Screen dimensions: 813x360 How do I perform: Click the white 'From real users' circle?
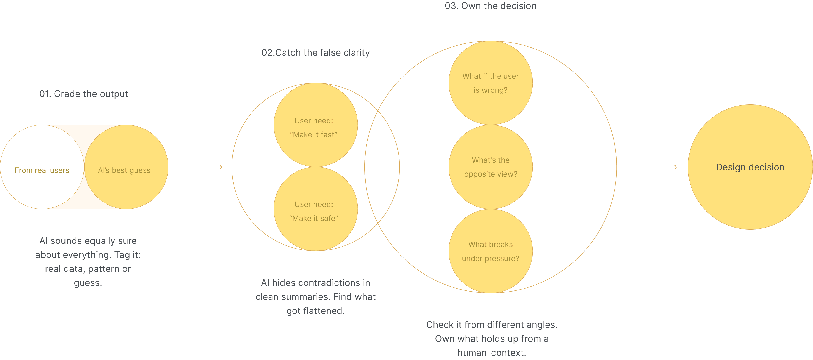(x=42, y=167)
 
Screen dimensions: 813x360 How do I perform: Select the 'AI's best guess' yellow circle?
(x=126, y=167)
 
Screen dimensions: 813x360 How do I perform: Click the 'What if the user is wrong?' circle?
(x=491, y=83)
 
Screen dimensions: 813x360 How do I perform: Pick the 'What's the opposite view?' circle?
(x=491, y=167)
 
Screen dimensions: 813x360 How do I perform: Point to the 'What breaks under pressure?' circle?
(x=491, y=251)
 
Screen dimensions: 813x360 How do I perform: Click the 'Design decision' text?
(x=750, y=167)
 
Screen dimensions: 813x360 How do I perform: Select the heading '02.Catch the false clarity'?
(x=315, y=52)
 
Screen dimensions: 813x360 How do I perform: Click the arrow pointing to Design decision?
(x=652, y=167)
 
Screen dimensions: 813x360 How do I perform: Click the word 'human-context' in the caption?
(x=491, y=352)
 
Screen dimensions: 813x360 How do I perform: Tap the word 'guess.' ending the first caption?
(x=88, y=283)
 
